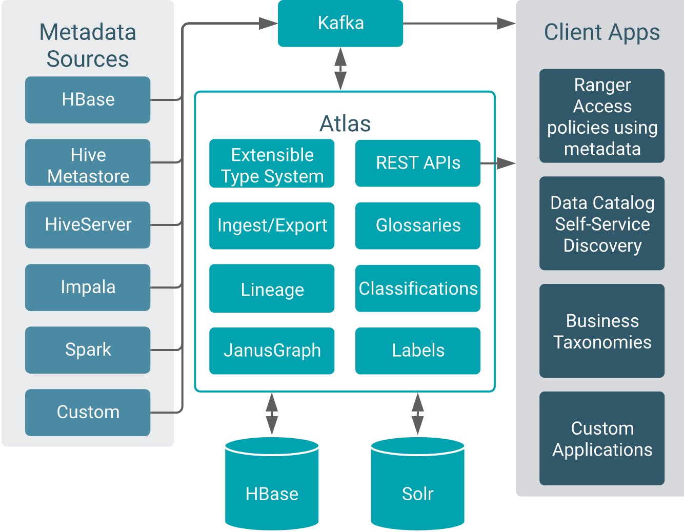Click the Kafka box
(x=340, y=24)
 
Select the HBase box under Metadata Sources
(x=88, y=100)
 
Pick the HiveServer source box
(x=88, y=225)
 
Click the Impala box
(x=88, y=288)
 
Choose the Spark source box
(x=88, y=350)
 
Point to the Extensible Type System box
(x=272, y=164)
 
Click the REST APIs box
(x=418, y=163)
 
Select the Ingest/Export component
(x=272, y=226)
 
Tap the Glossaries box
(x=418, y=226)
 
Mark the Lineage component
(x=272, y=289)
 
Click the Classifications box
(x=418, y=289)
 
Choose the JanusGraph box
(x=272, y=351)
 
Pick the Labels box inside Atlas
(x=418, y=351)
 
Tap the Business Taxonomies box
(x=602, y=331)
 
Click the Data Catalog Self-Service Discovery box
(x=602, y=223)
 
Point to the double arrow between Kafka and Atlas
(x=340, y=69)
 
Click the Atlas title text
(x=345, y=124)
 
